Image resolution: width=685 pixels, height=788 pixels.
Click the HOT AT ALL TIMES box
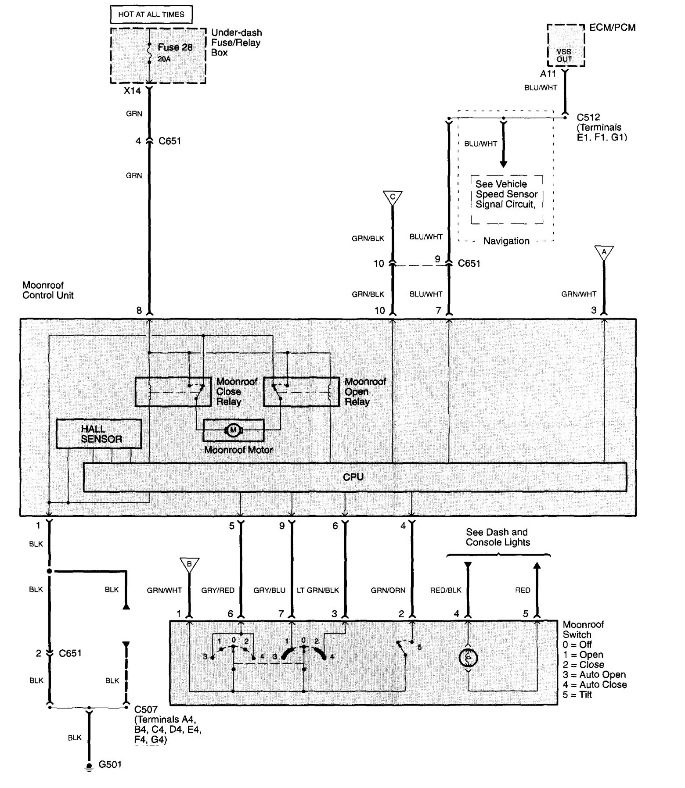pos(151,14)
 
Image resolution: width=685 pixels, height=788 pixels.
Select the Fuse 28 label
pos(175,47)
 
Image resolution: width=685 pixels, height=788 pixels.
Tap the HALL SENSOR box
pos(99,434)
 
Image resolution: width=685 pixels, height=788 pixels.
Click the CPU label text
pos(353,477)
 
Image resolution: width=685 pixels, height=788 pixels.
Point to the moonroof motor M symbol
pos(233,430)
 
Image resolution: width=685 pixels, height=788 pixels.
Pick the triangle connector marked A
pos(604,252)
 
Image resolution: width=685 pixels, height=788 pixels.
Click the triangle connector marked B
pos(189,564)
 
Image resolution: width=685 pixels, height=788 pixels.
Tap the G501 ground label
pos(110,764)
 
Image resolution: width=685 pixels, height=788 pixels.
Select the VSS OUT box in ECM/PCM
pos(565,55)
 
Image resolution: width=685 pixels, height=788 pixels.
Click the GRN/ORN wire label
pos(388,590)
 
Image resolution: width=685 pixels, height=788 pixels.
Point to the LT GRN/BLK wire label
pos(318,590)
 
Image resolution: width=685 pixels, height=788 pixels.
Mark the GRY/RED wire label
pos(218,590)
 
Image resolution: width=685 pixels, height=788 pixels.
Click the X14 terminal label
pos(132,91)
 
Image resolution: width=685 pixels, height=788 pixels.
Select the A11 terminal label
pos(548,74)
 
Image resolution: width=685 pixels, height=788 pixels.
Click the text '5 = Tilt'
pos(577,695)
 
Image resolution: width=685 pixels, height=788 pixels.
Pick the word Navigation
pos(506,241)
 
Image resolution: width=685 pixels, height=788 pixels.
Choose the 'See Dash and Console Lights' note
pos(498,537)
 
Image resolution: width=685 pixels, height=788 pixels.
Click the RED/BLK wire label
pos(446,590)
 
